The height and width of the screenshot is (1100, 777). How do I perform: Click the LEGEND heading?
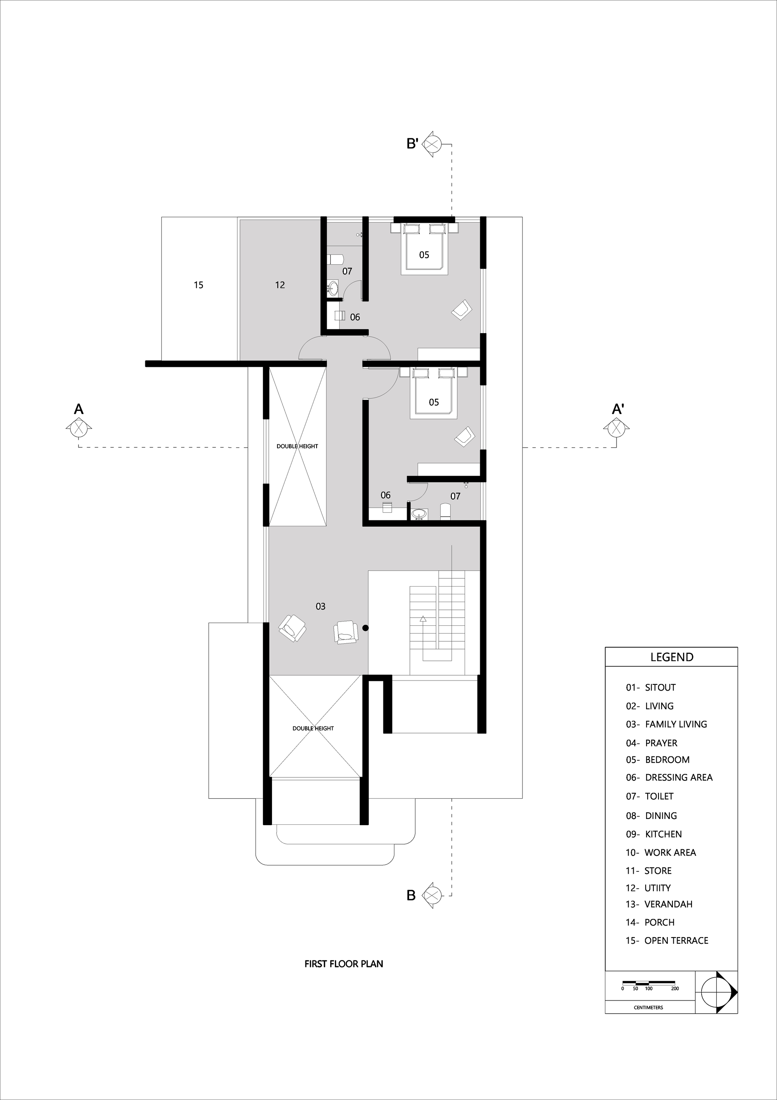[672, 657]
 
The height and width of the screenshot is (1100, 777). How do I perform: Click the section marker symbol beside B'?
[432, 144]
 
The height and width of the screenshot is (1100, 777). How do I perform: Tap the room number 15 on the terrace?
[199, 285]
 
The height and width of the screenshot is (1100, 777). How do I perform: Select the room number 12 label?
[280, 285]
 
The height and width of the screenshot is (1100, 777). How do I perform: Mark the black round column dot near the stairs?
[366, 628]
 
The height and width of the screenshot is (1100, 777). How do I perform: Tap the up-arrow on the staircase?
[423, 620]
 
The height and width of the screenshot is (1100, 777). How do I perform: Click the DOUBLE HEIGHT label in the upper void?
[297, 446]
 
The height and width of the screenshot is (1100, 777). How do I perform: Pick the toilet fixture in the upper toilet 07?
[336, 259]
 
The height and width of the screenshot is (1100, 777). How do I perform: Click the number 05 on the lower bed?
[434, 402]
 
